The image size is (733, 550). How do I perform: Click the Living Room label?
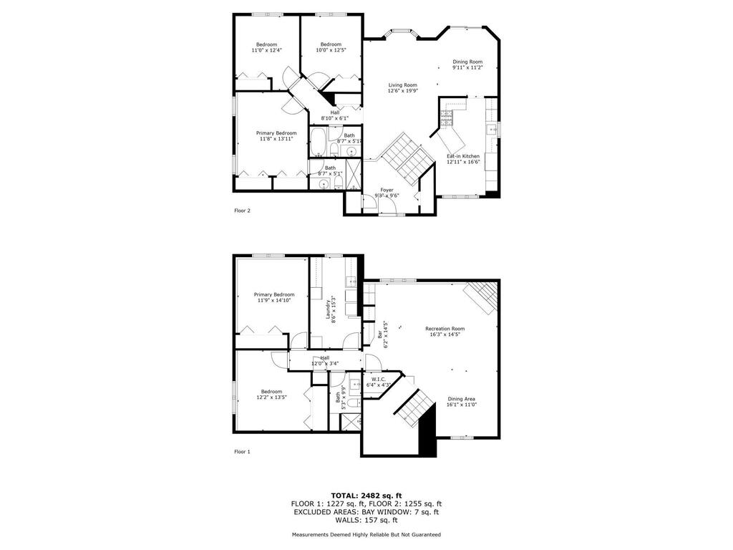402,85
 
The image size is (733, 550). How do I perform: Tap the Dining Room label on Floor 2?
467,62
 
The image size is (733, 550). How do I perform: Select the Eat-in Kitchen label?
463,156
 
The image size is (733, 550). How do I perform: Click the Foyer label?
387,190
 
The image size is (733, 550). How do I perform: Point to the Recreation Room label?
445,328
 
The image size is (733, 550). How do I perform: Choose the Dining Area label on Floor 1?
462,399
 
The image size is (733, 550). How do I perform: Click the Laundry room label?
328,309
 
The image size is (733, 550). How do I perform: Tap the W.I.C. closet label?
379,379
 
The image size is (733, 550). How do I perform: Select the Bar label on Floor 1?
380,334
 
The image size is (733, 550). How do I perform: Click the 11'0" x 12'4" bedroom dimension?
266,50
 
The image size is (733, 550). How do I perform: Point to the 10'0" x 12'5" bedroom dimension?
331,50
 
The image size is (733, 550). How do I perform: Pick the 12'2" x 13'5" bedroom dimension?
271,397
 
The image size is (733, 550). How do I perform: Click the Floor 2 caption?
242,211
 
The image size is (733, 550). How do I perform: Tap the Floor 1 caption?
242,452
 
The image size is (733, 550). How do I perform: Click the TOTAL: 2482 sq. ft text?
366,496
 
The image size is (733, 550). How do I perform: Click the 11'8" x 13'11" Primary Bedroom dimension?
276,139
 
